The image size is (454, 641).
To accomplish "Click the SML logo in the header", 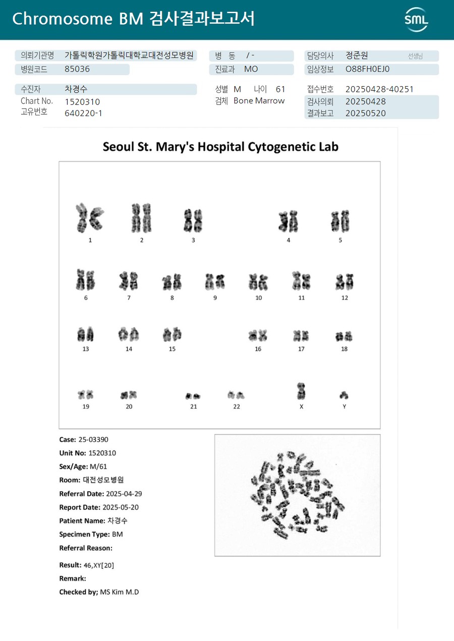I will pyautogui.click(x=416, y=20).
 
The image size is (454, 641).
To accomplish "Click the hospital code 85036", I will pyautogui.click(x=77, y=69).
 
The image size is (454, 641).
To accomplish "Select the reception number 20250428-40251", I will pyautogui.click(x=379, y=89).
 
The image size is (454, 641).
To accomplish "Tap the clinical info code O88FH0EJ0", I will pyautogui.click(x=368, y=69).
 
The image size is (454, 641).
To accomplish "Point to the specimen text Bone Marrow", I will pyautogui.click(x=259, y=101).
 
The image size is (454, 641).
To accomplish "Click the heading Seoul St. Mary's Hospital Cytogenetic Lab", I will pyautogui.click(x=220, y=147).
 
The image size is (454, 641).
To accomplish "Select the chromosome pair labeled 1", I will pyautogui.click(x=90, y=218).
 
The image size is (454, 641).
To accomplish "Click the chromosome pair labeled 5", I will pyautogui.click(x=340, y=221).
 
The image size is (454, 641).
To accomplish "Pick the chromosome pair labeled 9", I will pyautogui.click(x=215, y=281).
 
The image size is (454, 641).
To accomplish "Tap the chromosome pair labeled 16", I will pyautogui.click(x=258, y=335).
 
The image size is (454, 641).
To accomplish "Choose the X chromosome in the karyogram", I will pyautogui.click(x=301, y=391).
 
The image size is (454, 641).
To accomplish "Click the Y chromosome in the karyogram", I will pyautogui.click(x=344, y=395).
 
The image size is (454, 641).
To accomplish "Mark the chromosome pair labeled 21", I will pyautogui.click(x=193, y=396).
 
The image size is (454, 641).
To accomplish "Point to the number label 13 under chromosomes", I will pyautogui.click(x=86, y=349).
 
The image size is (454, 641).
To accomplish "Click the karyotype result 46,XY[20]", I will pyautogui.click(x=99, y=565).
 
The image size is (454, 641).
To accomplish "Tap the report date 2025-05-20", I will pyautogui.click(x=121, y=507).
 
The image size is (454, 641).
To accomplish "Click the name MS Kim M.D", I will pyautogui.click(x=120, y=592).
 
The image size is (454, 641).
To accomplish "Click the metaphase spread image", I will pyautogui.click(x=297, y=495).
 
